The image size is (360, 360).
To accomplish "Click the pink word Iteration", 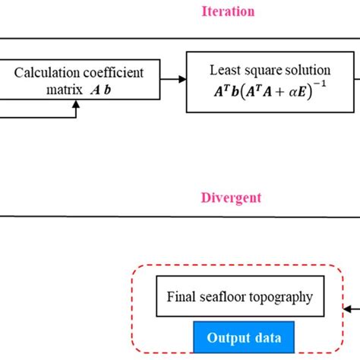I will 227,11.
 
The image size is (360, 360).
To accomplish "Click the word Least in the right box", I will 223,69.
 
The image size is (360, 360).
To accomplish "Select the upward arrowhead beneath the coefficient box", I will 74,107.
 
